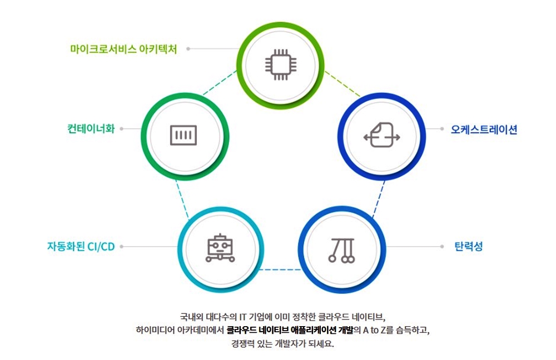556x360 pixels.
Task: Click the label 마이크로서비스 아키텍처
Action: click(x=123, y=49)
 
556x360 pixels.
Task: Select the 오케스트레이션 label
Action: click(x=484, y=130)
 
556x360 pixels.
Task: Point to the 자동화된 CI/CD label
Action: click(x=81, y=246)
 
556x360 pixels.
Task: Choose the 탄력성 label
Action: click(x=469, y=246)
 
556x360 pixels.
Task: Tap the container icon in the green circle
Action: click(x=183, y=134)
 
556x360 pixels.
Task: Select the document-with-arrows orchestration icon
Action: click(x=381, y=136)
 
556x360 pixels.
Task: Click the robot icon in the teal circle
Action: click(x=220, y=248)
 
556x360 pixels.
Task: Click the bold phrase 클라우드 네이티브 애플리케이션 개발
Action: click(x=290, y=331)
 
